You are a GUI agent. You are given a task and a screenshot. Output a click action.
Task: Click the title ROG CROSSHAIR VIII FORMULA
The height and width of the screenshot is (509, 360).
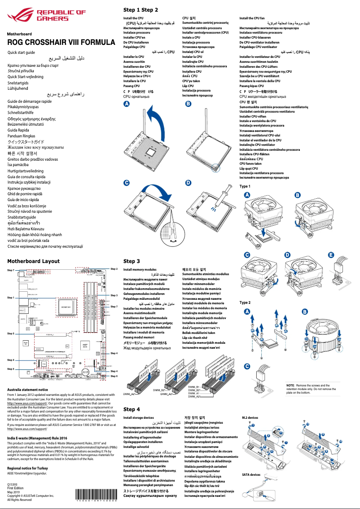click(61, 43)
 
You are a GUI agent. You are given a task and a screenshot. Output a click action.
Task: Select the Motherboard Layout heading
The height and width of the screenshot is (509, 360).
click(33, 261)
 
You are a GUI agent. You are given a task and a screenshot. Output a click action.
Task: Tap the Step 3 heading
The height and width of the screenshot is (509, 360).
click(132, 261)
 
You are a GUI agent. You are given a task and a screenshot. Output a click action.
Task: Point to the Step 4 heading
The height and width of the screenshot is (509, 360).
click(132, 409)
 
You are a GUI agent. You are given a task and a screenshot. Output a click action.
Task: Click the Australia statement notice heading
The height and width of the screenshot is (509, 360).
click(27, 390)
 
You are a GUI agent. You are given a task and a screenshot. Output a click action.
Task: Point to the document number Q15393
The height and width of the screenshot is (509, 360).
click(13, 485)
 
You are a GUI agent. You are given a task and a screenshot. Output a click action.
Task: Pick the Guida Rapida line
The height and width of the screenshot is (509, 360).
click(18, 130)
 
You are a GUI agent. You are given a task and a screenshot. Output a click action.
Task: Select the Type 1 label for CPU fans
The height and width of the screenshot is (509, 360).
click(245, 186)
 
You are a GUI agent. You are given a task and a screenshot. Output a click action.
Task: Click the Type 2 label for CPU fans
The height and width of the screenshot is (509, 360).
click(245, 303)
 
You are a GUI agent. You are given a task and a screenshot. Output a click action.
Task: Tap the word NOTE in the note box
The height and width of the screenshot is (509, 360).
click(290, 386)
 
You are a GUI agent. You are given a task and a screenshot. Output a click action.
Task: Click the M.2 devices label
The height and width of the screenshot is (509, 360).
click(250, 417)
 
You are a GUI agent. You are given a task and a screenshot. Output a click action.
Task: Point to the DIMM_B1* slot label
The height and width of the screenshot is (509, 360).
click(193, 386)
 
